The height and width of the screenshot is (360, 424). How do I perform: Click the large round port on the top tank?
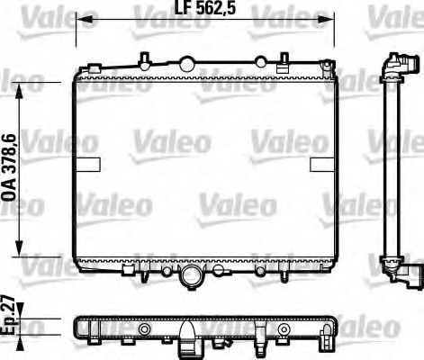click(186, 63)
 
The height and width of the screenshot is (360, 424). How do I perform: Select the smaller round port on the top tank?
click(260, 63)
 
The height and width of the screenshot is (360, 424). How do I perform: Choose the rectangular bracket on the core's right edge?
click(322, 164)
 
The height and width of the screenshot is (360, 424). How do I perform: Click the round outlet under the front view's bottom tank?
click(190, 279)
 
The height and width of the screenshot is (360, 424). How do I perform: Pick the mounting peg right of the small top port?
click(285, 61)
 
